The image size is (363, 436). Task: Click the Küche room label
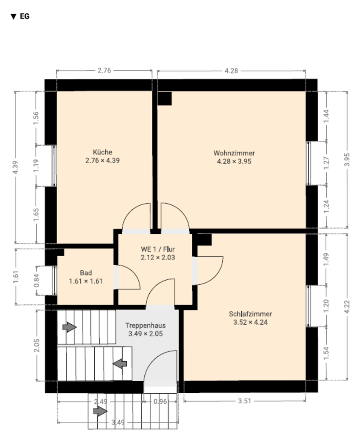tap(103, 152)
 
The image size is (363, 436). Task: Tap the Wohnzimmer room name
tap(234, 153)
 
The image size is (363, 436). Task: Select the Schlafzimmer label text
tap(250, 314)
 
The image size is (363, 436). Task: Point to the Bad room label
tap(86, 273)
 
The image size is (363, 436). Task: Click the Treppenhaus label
tap(145, 325)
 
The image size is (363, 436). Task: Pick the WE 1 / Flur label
tap(158, 249)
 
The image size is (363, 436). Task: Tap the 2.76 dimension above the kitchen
tap(104, 70)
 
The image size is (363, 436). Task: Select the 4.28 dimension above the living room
tap(231, 71)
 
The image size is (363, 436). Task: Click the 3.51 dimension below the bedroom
tap(245, 401)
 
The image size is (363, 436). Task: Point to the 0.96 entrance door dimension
tap(160, 401)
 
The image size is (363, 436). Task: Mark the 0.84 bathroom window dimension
tap(36, 281)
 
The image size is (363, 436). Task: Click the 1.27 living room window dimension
tap(326, 163)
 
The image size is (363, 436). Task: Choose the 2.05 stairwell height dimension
tap(36, 345)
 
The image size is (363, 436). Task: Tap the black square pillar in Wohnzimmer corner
tap(164, 99)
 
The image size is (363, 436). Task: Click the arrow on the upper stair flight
tap(69, 327)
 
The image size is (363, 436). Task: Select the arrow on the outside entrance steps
tap(100, 411)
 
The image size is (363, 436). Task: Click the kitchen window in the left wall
tap(54, 166)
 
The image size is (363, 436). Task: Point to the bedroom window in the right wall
tap(308, 306)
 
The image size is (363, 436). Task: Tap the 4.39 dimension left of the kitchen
tap(15, 168)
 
